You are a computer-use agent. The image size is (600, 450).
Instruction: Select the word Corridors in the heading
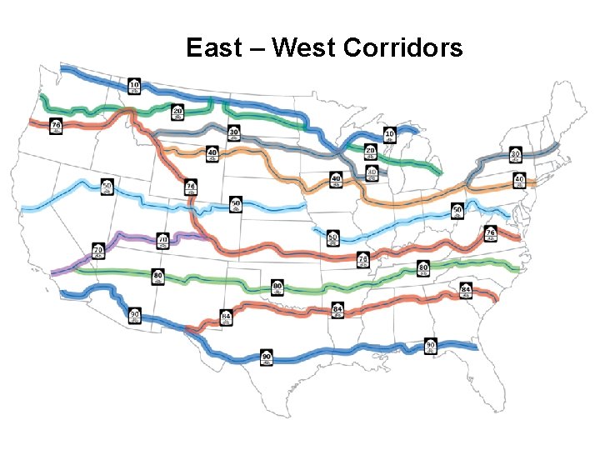point(402,47)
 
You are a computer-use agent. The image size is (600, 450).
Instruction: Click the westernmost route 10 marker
point(134,85)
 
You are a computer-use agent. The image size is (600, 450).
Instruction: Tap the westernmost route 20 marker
point(177,112)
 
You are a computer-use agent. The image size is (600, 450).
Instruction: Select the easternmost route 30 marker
point(515,155)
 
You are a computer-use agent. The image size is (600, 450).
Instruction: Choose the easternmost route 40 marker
point(519,180)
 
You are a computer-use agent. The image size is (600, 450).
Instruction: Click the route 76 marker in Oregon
point(56,127)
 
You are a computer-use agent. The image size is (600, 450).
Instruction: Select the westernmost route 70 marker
point(98,251)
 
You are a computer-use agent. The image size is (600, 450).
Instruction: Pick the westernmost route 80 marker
point(157,277)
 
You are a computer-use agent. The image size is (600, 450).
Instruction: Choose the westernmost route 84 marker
point(226,317)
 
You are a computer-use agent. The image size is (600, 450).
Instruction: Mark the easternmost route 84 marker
point(466,291)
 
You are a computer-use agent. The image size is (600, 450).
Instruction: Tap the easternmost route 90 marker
point(430,345)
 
